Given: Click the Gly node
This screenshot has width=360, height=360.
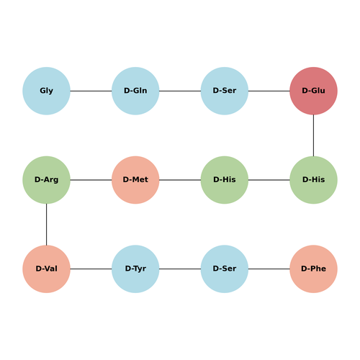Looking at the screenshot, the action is pyautogui.click(x=46, y=91).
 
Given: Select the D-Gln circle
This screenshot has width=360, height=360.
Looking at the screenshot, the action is pyautogui.click(x=135, y=91).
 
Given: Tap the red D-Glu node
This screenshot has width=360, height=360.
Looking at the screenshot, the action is pyautogui.click(x=313, y=91).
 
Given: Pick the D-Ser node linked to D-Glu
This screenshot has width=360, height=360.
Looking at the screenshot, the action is pyautogui.click(x=225, y=91).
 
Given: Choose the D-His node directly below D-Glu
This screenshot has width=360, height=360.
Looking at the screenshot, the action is pyautogui.click(x=313, y=180).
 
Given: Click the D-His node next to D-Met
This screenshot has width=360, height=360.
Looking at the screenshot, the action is pyautogui.click(x=225, y=180).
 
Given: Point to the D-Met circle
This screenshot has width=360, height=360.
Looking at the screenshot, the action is pyautogui.click(x=135, y=180).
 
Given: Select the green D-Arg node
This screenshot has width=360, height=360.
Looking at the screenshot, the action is pyautogui.click(x=46, y=180).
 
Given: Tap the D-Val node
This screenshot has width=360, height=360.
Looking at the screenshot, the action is pyautogui.click(x=46, y=269).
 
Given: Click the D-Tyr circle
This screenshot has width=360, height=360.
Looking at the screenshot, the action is pyautogui.click(x=135, y=269).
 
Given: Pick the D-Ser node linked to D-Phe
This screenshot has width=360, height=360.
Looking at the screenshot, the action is pyautogui.click(x=225, y=269).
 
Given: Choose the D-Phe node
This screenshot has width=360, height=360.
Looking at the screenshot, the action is pyautogui.click(x=313, y=269).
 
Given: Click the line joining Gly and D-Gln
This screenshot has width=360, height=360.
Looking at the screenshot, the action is pyautogui.click(x=91, y=91).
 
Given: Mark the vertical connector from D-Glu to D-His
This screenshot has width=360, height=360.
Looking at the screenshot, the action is pyautogui.click(x=313, y=135).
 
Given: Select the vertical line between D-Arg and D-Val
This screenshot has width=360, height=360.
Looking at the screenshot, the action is pyautogui.click(x=46, y=225).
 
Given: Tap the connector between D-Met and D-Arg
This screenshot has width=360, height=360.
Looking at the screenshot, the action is pyautogui.click(x=91, y=180).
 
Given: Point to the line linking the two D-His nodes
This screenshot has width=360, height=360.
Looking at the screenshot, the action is pyautogui.click(x=269, y=180).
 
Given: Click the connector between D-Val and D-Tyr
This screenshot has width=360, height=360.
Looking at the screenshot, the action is pyautogui.click(x=91, y=269).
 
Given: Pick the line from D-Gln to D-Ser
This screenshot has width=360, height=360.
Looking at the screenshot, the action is pyautogui.click(x=180, y=91).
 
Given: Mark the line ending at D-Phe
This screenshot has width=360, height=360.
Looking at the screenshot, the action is pyautogui.click(x=269, y=269).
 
